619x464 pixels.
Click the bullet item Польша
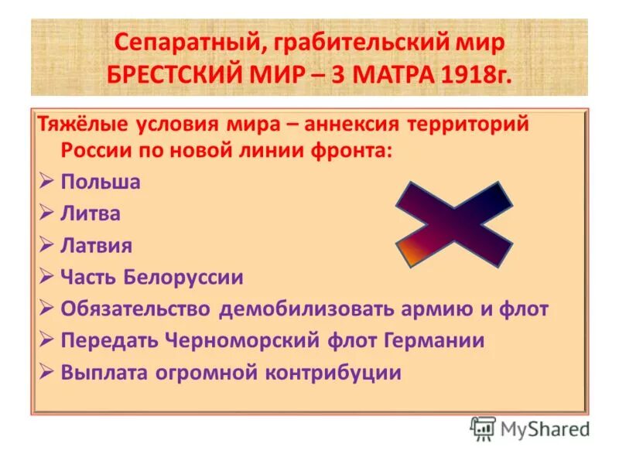coord(101,183)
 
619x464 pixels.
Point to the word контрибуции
coord(330,373)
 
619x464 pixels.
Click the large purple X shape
coord(453,224)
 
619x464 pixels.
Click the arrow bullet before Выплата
coord(46,373)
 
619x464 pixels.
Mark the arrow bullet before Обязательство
coord(46,309)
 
